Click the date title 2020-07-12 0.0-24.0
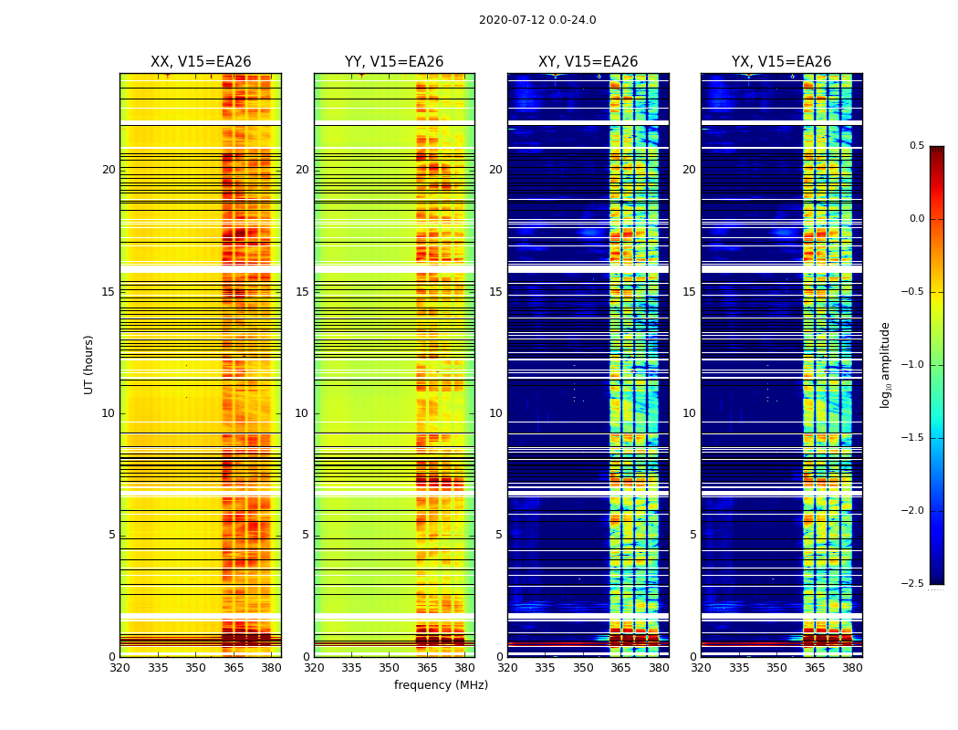pyautogui.click(x=537, y=20)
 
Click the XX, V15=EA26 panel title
pyautogui.click(x=201, y=62)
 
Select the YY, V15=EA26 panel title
pyautogui.click(x=394, y=62)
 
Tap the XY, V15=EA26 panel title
pyautogui.click(x=588, y=62)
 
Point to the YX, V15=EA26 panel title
pyautogui.click(x=781, y=62)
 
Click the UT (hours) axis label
pyautogui.click(x=89, y=364)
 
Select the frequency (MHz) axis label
pyautogui.click(x=441, y=685)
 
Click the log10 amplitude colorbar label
pyautogui.click(x=885, y=364)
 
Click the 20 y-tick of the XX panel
pyautogui.click(x=109, y=170)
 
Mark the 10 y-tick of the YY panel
pyautogui.click(x=302, y=413)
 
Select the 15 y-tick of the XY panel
pyautogui.click(x=495, y=292)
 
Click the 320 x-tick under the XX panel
pyautogui.click(x=120, y=668)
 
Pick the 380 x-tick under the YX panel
pyautogui.click(x=852, y=668)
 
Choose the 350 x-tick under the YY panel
pyautogui.click(x=390, y=668)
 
